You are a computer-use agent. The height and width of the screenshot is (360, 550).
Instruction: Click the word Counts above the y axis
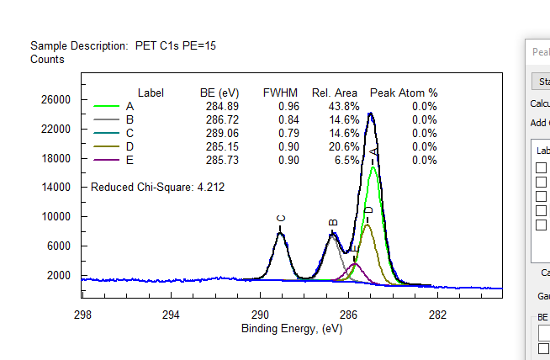47,60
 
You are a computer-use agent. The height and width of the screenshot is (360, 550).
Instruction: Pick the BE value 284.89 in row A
222,107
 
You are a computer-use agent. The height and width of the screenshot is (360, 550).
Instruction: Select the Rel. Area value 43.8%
342,107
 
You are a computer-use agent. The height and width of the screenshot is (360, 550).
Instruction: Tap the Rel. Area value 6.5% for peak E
346,160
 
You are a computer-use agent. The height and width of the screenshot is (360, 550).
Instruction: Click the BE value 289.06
222,133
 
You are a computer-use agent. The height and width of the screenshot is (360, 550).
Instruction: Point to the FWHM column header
279,93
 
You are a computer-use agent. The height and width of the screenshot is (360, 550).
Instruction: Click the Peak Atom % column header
404,93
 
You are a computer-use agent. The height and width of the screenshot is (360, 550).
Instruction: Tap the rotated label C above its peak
281,219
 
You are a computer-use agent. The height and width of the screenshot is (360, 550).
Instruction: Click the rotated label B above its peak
333,224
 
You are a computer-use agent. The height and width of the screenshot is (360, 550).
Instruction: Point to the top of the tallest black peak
370,114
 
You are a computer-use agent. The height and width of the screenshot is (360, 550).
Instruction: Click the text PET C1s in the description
156,45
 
